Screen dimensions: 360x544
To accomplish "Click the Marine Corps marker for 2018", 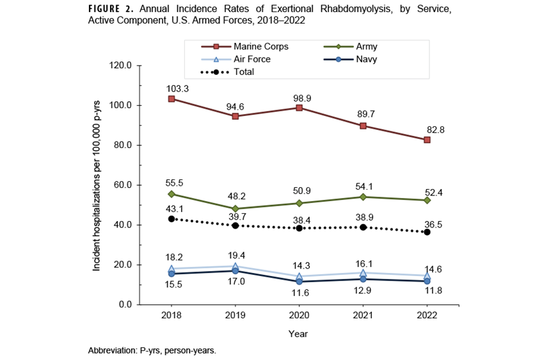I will [x=172, y=99].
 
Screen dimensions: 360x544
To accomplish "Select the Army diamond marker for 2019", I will [x=236, y=209].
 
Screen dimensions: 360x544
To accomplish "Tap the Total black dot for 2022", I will [x=427, y=232].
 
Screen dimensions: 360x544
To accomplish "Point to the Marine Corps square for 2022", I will [x=427, y=140].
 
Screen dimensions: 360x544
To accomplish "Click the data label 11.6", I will [x=300, y=293].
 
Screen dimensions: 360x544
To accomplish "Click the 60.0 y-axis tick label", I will [x=123, y=185].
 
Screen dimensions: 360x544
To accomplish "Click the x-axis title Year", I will [x=298, y=333].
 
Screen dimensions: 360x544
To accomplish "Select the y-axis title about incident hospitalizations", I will [x=97, y=185].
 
